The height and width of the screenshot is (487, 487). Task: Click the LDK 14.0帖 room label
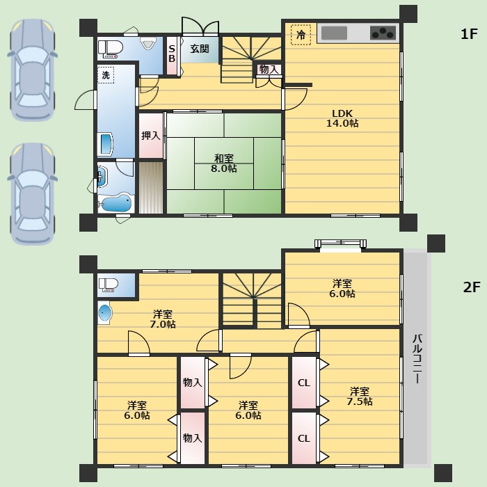coord(342,118)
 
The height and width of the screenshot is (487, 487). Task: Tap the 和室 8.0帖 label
coord(224,163)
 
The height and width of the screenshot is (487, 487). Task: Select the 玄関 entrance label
coord(200,49)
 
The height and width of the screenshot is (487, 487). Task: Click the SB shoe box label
coord(172,54)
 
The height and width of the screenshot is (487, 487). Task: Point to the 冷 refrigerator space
coord(301,35)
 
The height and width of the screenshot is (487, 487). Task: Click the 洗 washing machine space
coord(106,75)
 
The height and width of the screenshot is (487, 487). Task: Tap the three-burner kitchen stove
coord(383,33)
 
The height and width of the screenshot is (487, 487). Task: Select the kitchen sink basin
coord(334,33)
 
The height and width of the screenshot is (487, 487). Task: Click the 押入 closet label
coord(151,136)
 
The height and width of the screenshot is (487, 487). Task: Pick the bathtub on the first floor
coord(115,203)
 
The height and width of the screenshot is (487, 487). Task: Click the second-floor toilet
coord(109,285)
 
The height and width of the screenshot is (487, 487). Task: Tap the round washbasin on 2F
coord(104,312)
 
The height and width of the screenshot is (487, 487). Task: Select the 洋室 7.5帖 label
coord(360,397)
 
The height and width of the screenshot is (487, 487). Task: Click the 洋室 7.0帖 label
coord(163,319)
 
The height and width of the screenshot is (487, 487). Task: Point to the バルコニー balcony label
coord(417,359)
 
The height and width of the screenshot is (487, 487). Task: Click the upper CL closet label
coord(304,383)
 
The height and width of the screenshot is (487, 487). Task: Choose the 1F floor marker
coord(469,34)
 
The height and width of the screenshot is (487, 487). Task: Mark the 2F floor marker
coord(472,287)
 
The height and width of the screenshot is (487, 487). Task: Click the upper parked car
coord(32,70)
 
